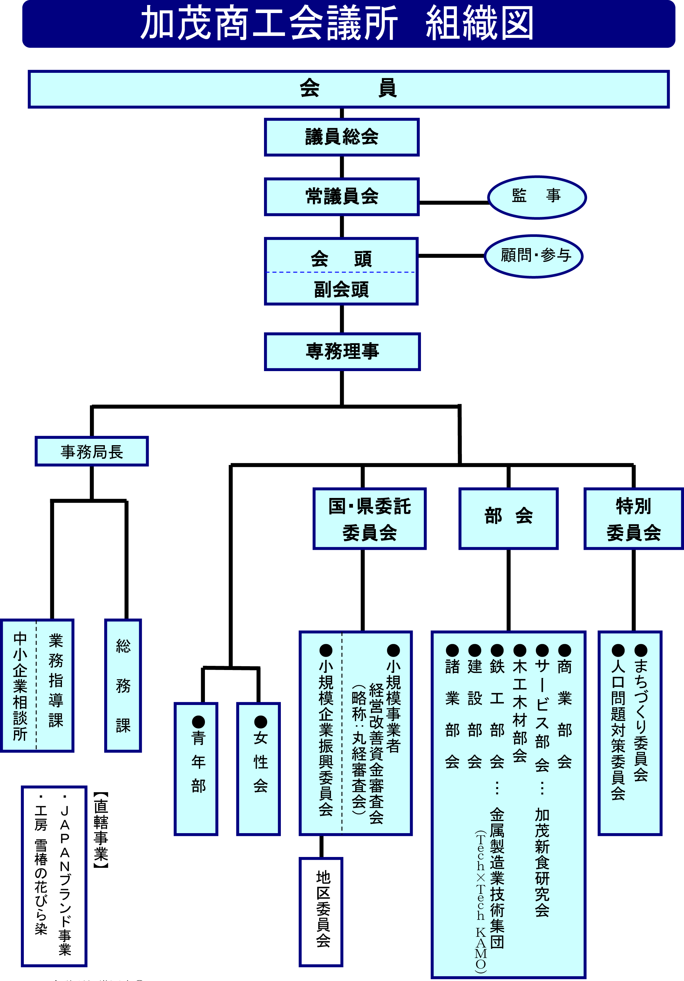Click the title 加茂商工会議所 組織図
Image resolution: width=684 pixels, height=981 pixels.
pos(337,23)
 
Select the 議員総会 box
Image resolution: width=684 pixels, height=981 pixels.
pos(342,137)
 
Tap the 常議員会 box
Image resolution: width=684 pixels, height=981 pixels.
pos(342,197)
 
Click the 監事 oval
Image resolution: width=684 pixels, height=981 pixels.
pos(537,197)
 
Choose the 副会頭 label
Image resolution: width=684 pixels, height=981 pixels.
pos(341,289)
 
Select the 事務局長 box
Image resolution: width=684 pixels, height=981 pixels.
pos(92,451)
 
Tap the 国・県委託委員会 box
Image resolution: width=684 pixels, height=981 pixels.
pos(369,519)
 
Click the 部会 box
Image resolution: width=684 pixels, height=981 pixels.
pos(508,518)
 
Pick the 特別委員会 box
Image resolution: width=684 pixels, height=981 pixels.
pos(633,519)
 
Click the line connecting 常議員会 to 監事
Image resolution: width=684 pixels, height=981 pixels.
pos(453,203)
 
